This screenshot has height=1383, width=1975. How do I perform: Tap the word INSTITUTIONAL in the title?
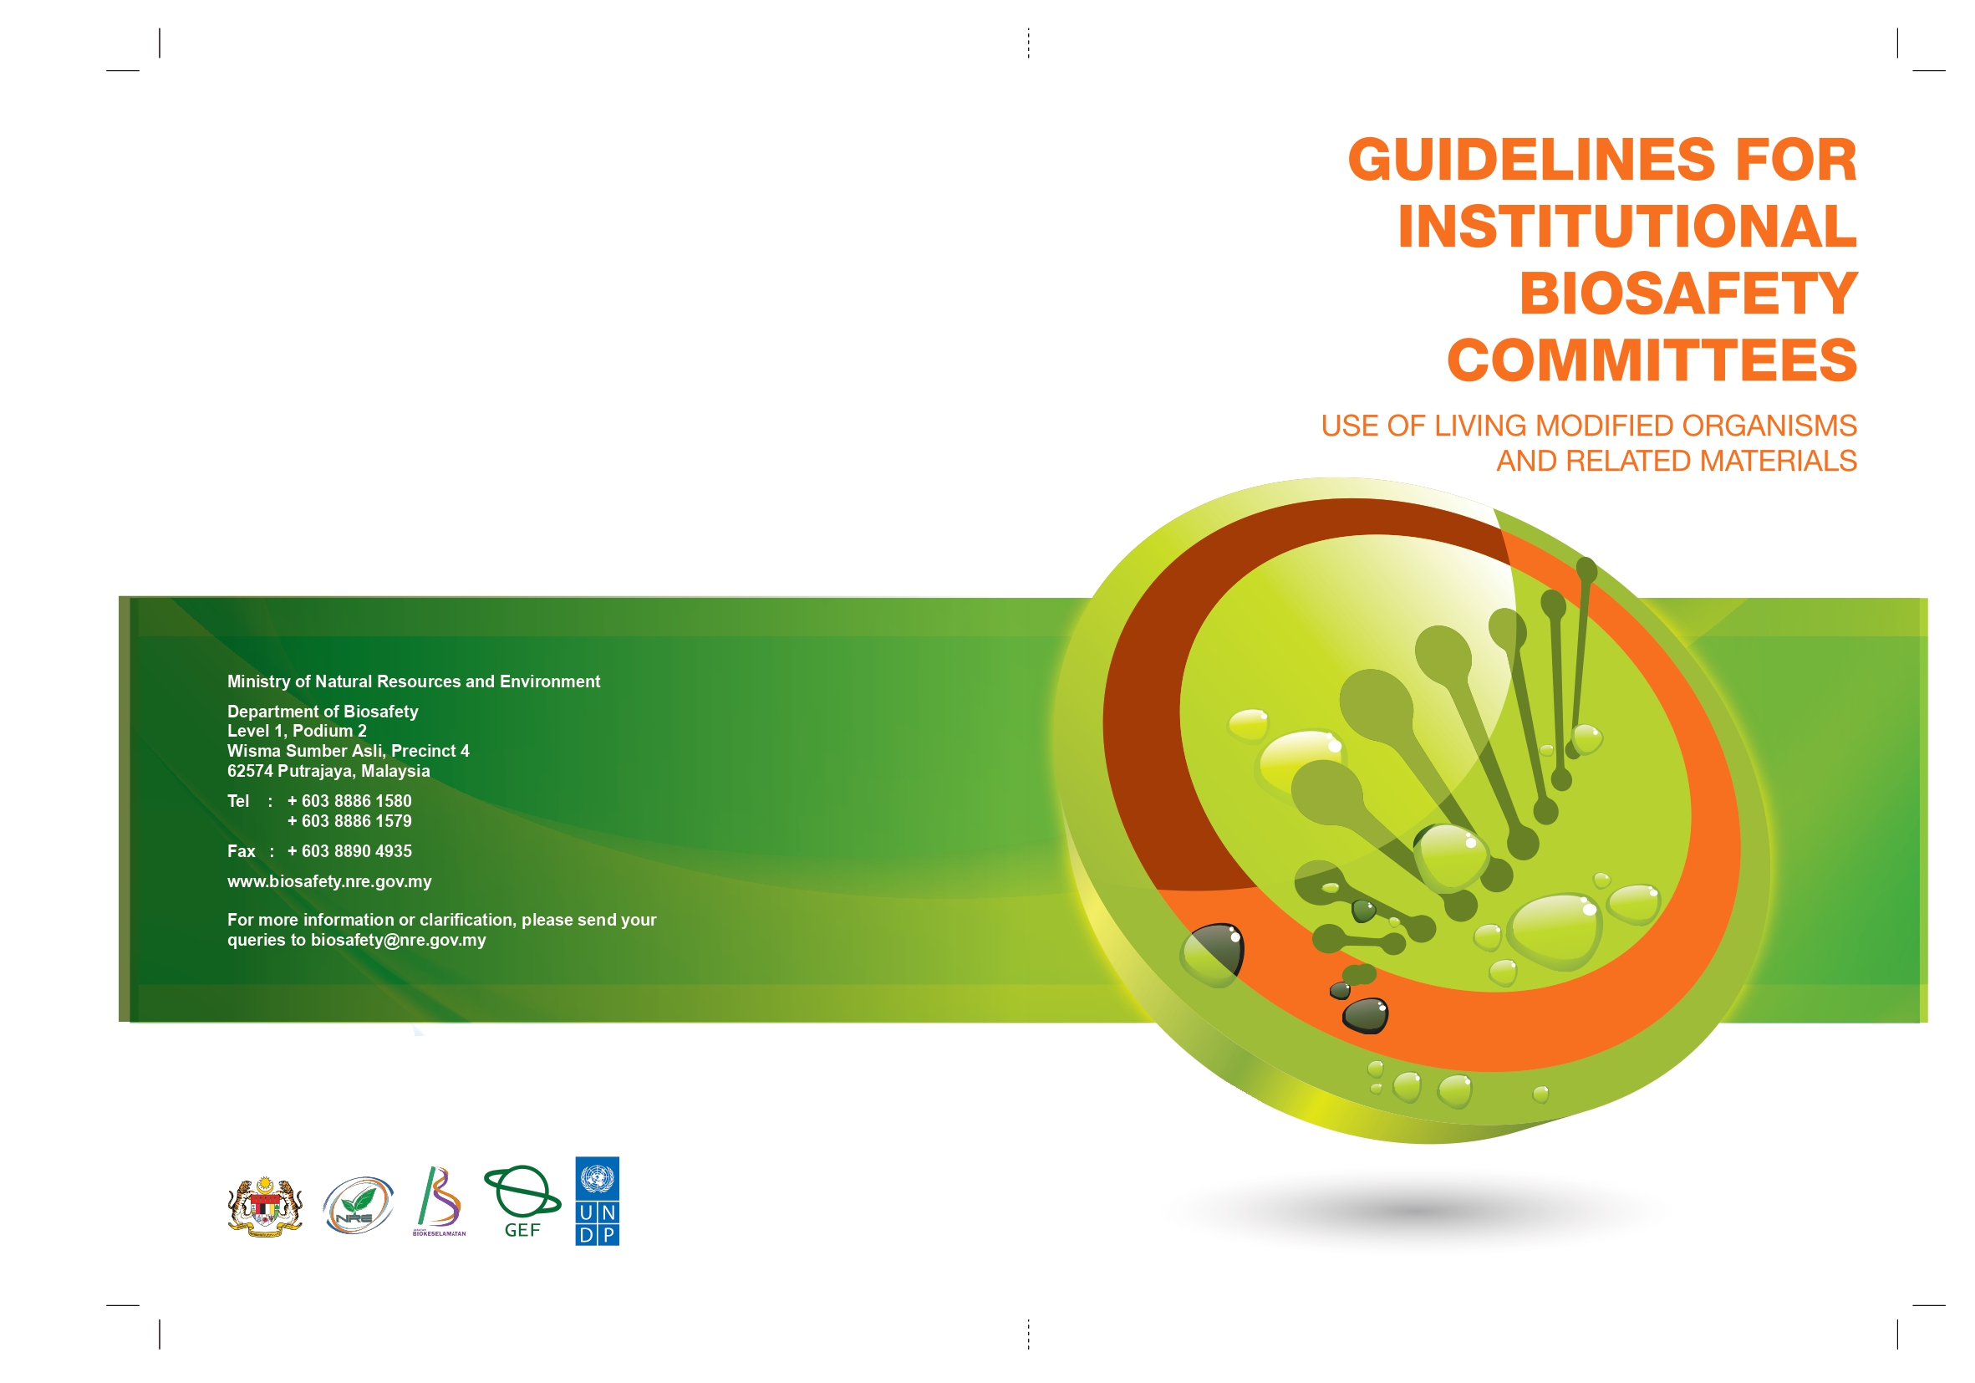click(1627, 227)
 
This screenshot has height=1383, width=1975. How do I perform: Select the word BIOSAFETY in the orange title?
click(1688, 293)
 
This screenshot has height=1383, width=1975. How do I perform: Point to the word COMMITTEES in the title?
click(1652, 360)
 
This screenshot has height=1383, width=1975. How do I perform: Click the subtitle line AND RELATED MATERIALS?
click(1677, 462)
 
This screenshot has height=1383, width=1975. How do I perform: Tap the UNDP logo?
click(597, 1201)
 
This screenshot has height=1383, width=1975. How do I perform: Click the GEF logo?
click(522, 1202)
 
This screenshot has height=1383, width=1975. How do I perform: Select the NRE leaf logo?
click(358, 1205)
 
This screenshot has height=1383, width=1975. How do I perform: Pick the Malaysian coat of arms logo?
click(265, 1207)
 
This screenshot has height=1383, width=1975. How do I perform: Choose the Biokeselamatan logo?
click(440, 1202)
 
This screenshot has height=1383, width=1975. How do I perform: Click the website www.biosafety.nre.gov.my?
click(329, 881)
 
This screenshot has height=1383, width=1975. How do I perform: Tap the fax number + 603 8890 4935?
click(349, 851)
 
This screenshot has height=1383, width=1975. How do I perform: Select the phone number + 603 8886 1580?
click(349, 801)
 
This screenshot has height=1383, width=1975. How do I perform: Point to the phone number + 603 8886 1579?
click(349, 821)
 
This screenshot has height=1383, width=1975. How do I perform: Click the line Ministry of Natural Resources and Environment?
click(414, 681)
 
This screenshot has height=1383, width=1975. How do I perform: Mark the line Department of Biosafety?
click(323, 712)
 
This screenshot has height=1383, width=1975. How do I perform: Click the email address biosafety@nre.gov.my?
click(399, 941)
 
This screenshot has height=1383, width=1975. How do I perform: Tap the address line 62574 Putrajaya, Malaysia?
click(328, 771)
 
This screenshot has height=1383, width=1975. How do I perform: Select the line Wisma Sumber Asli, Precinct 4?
click(349, 752)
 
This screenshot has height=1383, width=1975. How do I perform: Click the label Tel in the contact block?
click(238, 801)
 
